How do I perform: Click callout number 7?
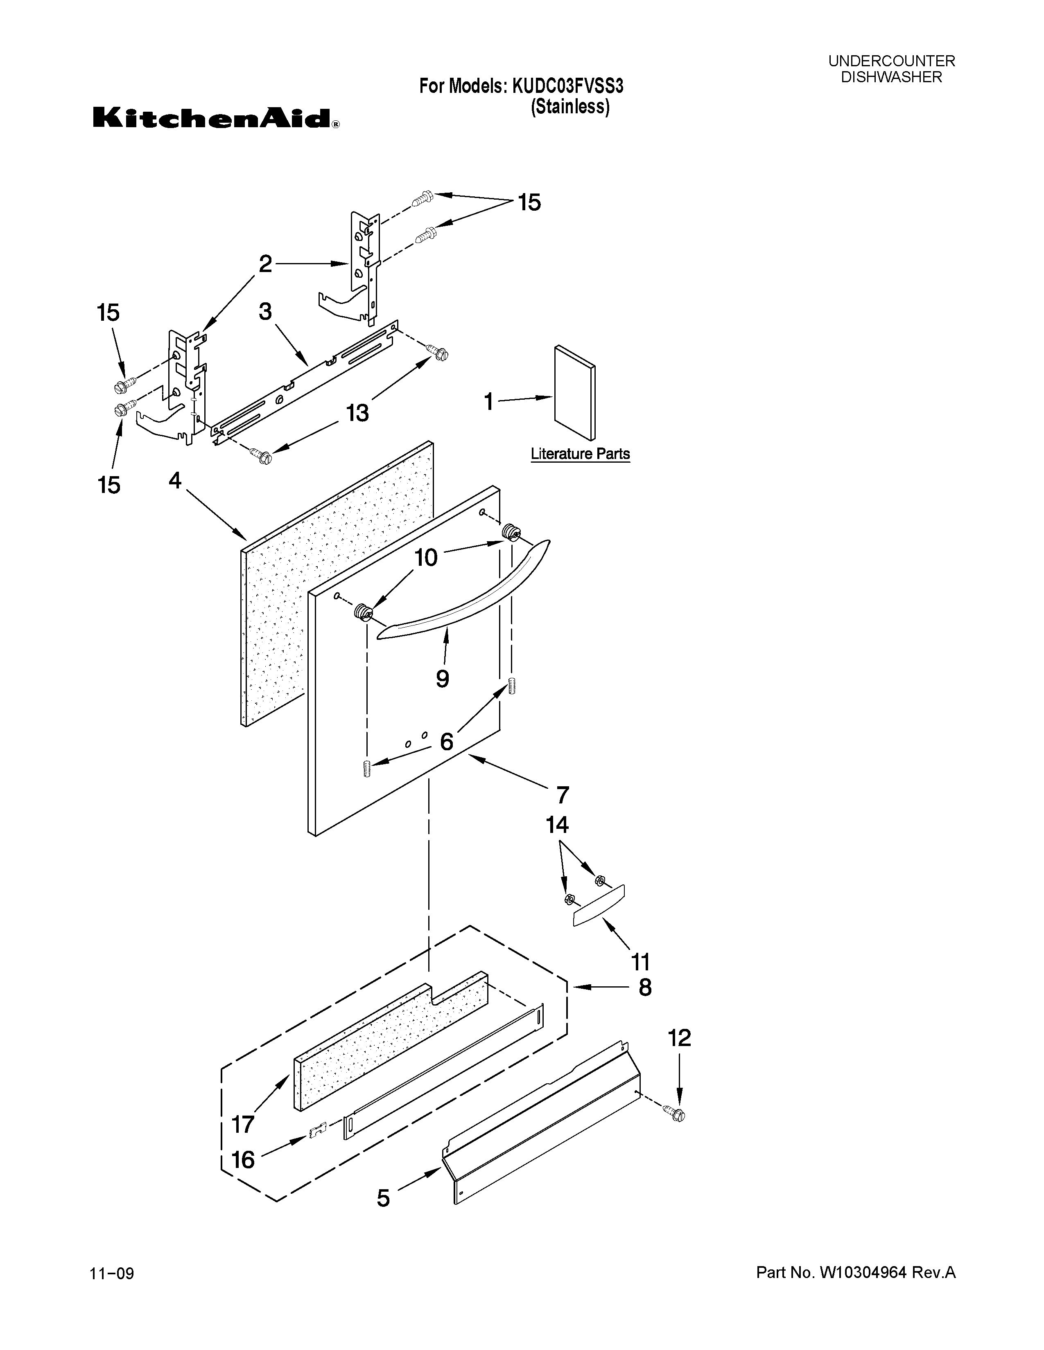point(562,795)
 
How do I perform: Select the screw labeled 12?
point(677,1114)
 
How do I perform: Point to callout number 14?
point(557,825)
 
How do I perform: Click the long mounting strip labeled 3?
point(303,383)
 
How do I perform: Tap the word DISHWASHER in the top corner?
point(891,77)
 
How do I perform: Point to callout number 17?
point(242,1124)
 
